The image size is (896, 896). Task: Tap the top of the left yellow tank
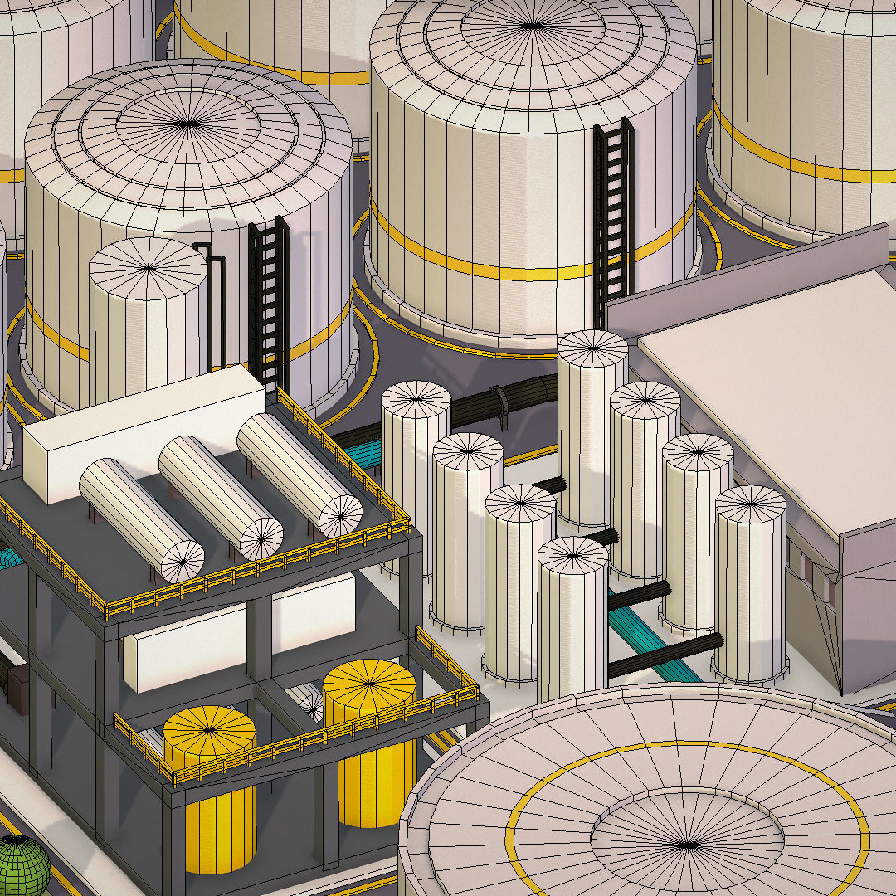pos(209,730)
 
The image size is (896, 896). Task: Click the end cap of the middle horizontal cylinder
pos(261,538)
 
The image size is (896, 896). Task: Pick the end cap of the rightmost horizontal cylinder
pos(340,515)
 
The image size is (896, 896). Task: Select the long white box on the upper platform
pos(141,431)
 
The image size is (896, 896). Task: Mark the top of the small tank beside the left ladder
pos(148,266)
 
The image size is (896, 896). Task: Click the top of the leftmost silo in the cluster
pos(416,400)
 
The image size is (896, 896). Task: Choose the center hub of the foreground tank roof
pos(687,845)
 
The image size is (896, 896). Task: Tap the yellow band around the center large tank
pos(498,267)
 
